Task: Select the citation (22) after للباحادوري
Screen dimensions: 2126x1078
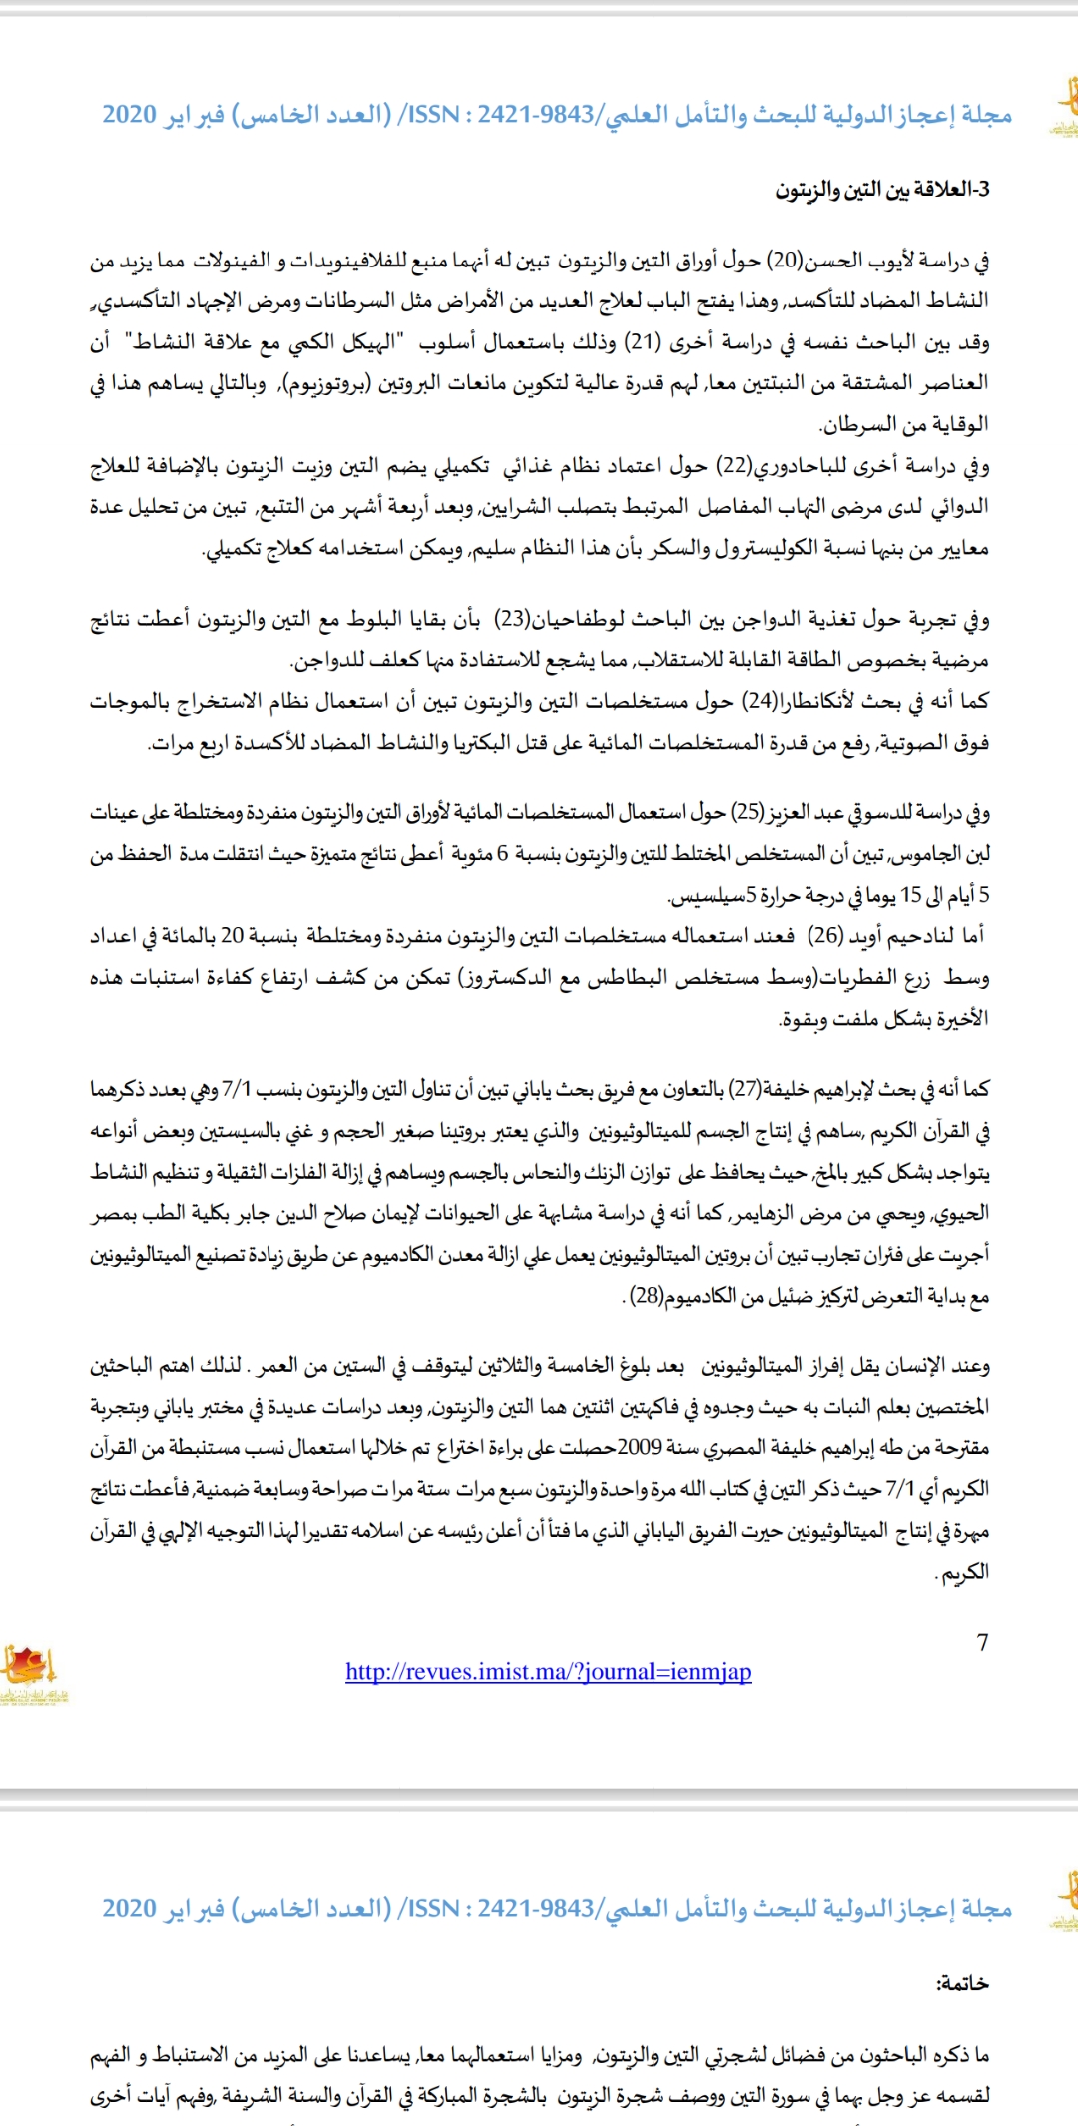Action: (x=735, y=466)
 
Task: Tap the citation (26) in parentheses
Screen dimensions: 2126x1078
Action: (x=824, y=936)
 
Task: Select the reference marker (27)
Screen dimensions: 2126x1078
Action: (x=744, y=1089)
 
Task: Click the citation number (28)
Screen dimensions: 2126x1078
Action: (x=647, y=1296)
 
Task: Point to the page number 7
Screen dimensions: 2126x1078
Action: (x=982, y=1643)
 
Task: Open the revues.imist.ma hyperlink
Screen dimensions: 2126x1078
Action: (x=548, y=1672)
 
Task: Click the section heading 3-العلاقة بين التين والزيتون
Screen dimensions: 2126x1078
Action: (x=882, y=190)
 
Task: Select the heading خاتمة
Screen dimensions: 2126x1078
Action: (x=962, y=1984)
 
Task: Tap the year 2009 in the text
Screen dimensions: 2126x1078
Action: (x=639, y=1448)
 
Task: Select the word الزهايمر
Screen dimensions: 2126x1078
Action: (x=763, y=1213)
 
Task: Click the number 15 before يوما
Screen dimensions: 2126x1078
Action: (x=910, y=895)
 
